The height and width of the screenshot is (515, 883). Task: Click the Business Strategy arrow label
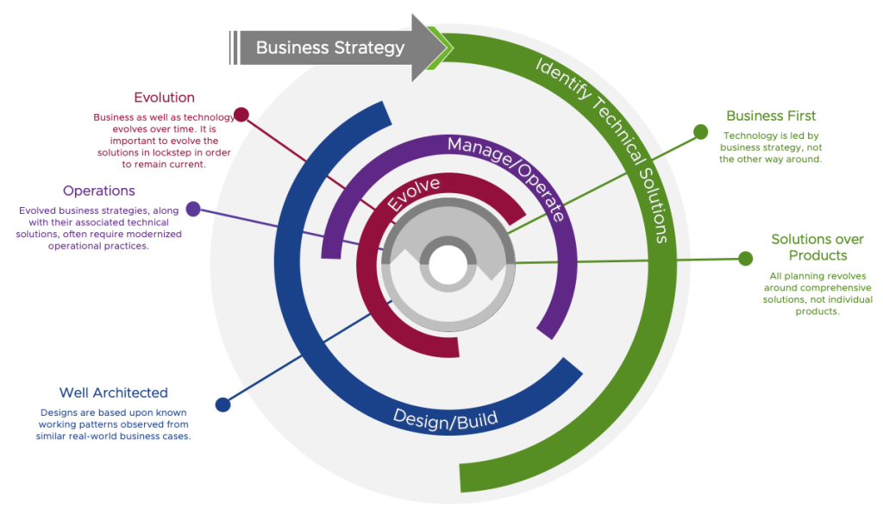click(x=330, y=47)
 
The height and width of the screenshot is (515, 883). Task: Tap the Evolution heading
click(x=164, y=97)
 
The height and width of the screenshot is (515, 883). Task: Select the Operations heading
click(x=98, y=191)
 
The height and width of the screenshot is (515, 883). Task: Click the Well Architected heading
click(x=113, y=393)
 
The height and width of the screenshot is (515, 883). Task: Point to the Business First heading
click(x=770, y=116)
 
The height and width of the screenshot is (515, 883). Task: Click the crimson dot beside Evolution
click(x=241, y=114)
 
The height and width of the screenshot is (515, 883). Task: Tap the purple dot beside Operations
click(x=193, y=208)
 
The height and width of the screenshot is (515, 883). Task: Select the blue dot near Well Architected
click(x=222, y=404)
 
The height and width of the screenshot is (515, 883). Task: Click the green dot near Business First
click(x=700, y=132)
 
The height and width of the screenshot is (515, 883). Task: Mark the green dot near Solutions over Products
click(x=745, y=257)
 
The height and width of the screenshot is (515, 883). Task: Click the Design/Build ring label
click(x=445, y=418)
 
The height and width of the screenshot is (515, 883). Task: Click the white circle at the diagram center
click(x=448, y=265)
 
